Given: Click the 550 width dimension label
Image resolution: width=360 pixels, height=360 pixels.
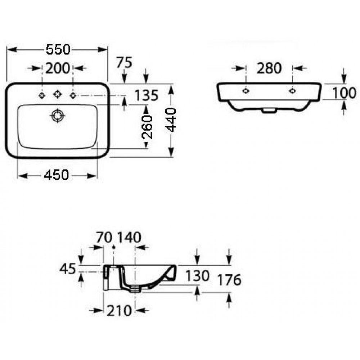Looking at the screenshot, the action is [58, 49].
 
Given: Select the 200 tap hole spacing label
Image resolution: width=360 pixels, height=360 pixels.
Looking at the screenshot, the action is [57, 68].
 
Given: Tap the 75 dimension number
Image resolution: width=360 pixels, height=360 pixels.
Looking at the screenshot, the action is [124, 62].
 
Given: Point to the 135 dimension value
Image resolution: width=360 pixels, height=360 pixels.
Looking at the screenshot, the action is [147, 95].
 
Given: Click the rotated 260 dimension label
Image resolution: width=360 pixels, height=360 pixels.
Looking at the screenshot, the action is [147, 127].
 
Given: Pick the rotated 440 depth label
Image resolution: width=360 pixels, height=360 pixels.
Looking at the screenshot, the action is [171, 120].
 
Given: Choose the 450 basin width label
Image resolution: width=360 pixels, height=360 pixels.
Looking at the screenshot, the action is [56, 175].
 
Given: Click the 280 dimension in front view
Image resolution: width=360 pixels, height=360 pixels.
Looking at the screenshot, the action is [269, 68].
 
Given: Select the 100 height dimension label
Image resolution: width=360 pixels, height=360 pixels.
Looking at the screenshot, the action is [344, 93].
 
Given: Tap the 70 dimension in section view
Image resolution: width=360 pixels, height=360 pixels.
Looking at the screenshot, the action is [104, 237].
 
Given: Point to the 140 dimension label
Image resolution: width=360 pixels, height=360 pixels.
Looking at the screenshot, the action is [129, 237].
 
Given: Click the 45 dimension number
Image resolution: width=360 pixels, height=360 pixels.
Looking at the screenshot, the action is [68, 269].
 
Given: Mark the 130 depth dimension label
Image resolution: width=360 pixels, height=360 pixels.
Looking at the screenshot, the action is [197, 276].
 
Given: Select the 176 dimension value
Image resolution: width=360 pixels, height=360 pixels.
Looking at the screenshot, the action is [229, 280].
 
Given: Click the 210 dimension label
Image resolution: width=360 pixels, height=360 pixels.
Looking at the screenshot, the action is [119, 311].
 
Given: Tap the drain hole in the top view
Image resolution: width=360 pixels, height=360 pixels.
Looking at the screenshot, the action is [57, 116].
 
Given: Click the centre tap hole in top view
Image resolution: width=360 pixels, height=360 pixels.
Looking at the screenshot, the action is [57, 94].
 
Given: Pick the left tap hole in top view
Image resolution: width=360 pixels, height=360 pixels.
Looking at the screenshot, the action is [42, 95].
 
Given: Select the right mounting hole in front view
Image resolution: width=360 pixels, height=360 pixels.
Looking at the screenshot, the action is [292, 91].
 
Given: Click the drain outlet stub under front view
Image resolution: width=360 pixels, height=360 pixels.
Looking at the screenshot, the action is [269, 111].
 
